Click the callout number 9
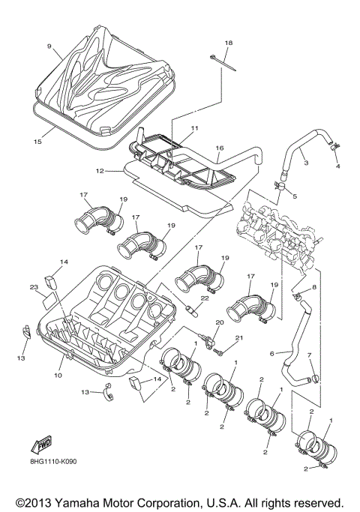click(49, 47)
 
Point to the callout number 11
click(193, 129)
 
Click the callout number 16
click(220, 149)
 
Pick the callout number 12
click(100, 171)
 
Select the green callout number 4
click(337, 166)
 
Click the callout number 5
click(294, 196)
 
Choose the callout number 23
click(34, 287)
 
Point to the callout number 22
click(205, 299)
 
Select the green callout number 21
click(241, 340)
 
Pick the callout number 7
click(308, 355)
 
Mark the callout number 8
click(314, 287)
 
